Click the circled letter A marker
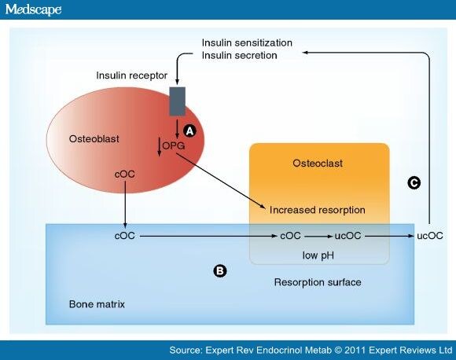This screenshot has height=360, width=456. pyautogui.click(x=189, y=130)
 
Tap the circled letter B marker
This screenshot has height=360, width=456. pyautogui.click(x=221, y=271)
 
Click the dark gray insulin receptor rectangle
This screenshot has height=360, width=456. pyautogui.click(x=178, y=101)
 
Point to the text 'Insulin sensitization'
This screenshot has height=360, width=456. pyautogui.click(x=247, y=42)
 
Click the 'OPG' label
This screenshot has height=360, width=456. pyautogui.click(x=175, y=147)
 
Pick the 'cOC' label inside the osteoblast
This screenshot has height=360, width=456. pyautogui.click(x=125, y=174)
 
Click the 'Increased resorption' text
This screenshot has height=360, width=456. pyautogui.click(x=317, y=211)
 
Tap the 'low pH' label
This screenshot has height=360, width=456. pyautogui.click(x=319, y=256)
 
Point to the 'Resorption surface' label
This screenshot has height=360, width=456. pyautogui.click(x=317, y=281)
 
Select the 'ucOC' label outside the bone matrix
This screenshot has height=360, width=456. pyautogui.click(x=429, y=235)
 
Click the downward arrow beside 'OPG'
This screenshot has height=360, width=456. pyautogui.click(x=160, y=147)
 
